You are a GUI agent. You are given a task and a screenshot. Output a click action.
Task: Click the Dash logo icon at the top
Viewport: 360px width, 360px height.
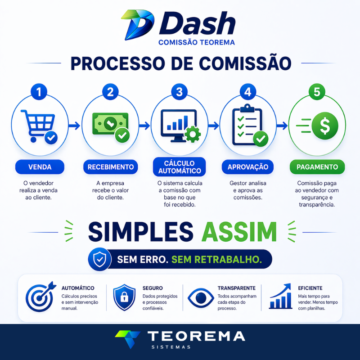(137, 25)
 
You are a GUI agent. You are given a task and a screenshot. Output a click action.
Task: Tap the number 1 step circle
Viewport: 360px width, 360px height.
(39, 92)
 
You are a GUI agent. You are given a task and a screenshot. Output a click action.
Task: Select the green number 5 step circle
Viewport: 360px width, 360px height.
(317, 92)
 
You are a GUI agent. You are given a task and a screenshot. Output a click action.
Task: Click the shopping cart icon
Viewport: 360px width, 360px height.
(39, 126)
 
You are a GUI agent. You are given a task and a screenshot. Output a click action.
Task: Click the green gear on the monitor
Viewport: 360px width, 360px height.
(193, 134)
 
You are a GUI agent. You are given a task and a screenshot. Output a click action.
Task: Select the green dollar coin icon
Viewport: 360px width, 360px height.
(324, 126)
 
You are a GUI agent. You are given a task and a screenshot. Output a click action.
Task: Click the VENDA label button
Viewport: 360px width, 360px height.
(40, 167)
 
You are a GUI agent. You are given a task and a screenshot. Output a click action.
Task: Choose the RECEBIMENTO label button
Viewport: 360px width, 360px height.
(110, 167)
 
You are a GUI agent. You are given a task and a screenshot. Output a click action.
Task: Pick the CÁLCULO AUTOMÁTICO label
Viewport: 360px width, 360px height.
(179, 167)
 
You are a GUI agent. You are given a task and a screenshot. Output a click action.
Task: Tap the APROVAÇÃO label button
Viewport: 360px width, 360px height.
(248, 167)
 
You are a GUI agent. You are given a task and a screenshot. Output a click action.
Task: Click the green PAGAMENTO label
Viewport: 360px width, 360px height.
(317, 167)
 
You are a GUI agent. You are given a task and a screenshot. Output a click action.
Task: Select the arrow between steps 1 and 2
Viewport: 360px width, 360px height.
(74, 126)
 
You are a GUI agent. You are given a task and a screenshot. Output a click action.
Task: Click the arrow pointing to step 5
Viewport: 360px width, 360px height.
(282, 126)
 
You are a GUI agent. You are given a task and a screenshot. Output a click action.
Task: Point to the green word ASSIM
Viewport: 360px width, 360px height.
(239, 232)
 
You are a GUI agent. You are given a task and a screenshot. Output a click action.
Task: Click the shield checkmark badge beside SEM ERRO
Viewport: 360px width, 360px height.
(99, 259)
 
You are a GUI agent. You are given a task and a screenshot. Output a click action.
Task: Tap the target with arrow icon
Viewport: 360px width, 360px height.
(40, 297)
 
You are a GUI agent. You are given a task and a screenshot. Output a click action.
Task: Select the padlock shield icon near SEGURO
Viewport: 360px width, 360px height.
(124, 297)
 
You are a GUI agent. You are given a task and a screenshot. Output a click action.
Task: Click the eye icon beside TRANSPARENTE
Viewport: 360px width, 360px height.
(201, 298)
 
